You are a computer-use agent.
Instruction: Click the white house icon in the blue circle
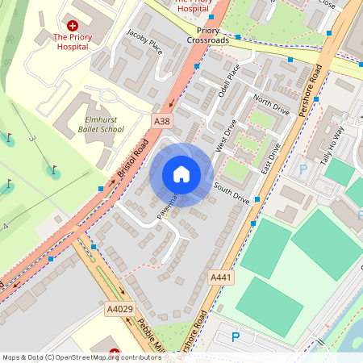coord(181,174)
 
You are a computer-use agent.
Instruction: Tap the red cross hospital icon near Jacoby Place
coord(73,26)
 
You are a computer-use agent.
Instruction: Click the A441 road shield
coord(221,277)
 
